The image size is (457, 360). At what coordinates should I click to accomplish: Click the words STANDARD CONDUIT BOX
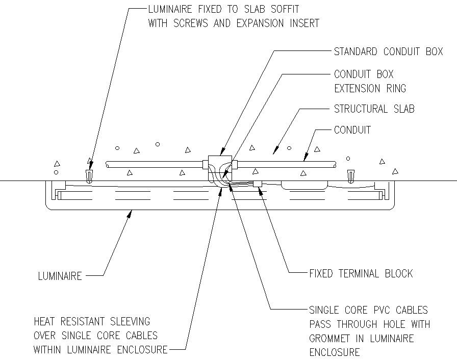(388, 52)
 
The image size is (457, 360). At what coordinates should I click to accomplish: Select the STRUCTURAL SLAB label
(374, 109)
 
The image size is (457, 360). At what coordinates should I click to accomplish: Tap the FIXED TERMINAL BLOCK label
(361, 274)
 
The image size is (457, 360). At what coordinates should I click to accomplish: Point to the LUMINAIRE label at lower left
(60, 276)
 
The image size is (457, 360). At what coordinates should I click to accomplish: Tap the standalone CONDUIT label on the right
(352, 130)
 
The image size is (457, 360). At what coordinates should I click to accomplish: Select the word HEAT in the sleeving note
(45, 321)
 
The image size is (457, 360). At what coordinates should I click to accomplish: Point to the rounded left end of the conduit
(107, 164)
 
